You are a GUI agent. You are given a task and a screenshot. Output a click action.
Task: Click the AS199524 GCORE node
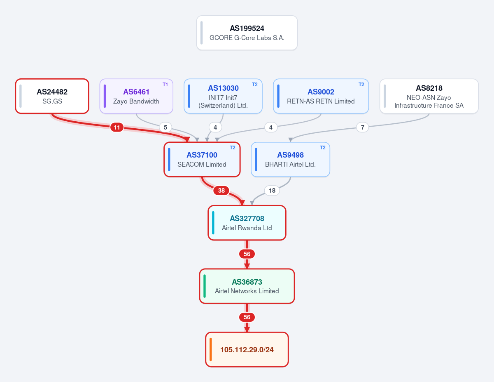click(x=247, y=33)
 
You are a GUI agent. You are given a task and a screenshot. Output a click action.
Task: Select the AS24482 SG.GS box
click(x=52, y=96)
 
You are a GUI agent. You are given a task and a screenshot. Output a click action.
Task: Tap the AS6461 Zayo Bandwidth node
click(x=136, y=96)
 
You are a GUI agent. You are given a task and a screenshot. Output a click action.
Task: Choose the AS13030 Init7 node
click(x=223, y=96)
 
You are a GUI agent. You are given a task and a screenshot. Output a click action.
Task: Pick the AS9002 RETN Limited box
click(x=321, y=96)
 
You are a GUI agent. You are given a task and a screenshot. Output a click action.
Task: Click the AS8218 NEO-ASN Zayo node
click(x=429, y=96)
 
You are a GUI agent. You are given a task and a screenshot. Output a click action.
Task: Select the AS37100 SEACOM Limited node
click(x=202, y=160)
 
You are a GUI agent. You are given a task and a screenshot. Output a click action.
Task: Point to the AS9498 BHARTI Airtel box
click(x=290, y=160)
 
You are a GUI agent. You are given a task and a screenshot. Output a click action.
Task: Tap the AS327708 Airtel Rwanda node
click(x=247, y=223)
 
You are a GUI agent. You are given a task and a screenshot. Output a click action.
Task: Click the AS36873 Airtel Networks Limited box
click(x=247, y=286)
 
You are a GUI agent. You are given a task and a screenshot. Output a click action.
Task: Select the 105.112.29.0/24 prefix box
click(x=247, y=349)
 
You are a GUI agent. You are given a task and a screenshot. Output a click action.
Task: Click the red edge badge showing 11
click(x=117, y=127)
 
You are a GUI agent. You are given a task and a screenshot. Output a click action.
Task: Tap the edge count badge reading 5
click(x=165, y=127)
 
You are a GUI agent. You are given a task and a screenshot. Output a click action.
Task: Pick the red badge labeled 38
click(x=221, y=191)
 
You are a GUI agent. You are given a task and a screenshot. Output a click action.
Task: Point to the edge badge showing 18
click(x=272, y=191)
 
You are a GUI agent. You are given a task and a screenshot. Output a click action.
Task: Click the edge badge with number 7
click(x=363, y=127)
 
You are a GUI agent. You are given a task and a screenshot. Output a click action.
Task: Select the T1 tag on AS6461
click(x=165, y=85)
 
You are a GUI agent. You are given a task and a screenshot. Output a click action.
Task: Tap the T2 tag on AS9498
click(x=323, y=148)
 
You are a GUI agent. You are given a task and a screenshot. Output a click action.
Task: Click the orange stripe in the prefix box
click(x=211, y=349)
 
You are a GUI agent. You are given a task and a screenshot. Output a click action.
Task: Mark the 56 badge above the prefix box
click(x=247, y=317)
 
